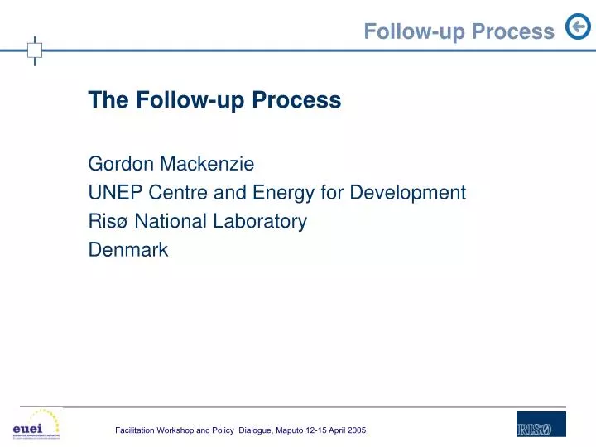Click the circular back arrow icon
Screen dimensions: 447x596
click(x=577, y=28)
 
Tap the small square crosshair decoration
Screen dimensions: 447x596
click(x=35, y=50)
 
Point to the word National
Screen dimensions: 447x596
click(x=169, y=221)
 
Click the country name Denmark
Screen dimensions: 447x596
click(x=128, y=249)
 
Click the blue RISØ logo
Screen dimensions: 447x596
click(x=541, y=425)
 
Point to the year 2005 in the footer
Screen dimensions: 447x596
click(x=355, y=431)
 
